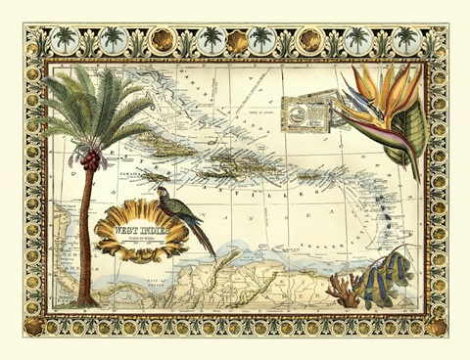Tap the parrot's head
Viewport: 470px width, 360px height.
[x=164, y=194]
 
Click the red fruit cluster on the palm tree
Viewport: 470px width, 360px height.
[x=89, y=157]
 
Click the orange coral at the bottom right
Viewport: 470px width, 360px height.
[x=342, y=291]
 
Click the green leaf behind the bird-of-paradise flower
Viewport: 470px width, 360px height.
[x=412, y=137]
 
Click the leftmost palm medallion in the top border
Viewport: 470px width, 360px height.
[x=65, y=40]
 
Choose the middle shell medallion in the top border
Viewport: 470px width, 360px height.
[x=236, y=40]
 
